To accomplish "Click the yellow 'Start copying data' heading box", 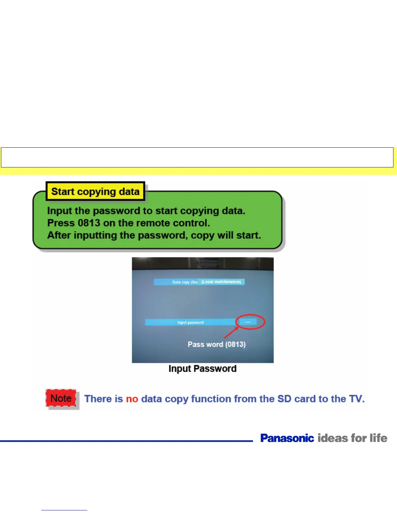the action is coord(95,191).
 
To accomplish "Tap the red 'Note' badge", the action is coord(61,398).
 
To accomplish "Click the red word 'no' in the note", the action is coord(132,399).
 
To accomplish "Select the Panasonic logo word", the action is coord(287,438).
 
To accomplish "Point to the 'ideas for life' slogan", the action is coord(353,438).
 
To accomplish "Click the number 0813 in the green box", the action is coord(89,223).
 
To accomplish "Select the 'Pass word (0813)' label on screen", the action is coord(217,344).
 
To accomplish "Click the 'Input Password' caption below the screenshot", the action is coord(202,369).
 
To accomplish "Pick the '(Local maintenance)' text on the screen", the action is coord(221,282).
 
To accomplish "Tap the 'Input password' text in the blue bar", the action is coord(190,322).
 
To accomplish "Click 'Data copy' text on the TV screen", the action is coord(181,282).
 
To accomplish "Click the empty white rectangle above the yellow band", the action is coord(197,157).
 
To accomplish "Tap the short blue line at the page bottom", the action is coord(64,510).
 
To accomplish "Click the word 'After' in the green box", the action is coord(59,235).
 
